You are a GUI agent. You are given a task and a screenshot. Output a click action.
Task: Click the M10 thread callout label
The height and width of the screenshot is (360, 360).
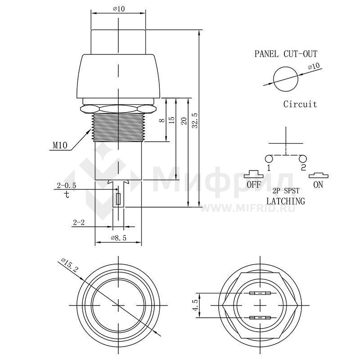(60, 145)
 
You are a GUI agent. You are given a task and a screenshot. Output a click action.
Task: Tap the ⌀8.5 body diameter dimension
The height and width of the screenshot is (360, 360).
(118, 238)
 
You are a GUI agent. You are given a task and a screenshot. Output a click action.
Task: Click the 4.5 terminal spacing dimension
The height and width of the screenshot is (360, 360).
(195, 306)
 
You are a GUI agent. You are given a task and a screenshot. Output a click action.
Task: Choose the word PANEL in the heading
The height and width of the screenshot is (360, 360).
(266, 54)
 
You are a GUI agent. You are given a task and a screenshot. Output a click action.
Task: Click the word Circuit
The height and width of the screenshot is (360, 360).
(300, 104)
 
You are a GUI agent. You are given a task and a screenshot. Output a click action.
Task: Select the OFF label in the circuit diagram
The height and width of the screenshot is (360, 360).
(254, 184)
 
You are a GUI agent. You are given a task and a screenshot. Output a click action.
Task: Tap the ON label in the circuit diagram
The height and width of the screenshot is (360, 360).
(318, 184)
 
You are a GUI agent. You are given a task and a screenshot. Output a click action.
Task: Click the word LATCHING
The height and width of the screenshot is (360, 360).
(286, 201)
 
